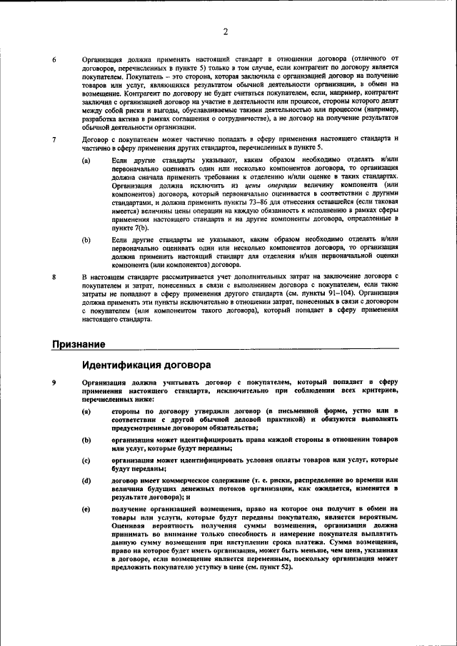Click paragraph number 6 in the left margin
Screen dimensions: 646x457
pos(54,59)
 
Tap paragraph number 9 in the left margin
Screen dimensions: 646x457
pos(54,383)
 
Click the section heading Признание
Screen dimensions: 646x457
pos(79,344)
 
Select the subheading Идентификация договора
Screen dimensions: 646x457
pos(146,365)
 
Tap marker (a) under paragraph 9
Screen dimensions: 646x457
pos(86,412)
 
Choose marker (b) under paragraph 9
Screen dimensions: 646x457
pos(86,440)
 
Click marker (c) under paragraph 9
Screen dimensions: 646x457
pos(86,460)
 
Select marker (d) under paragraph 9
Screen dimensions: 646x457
pos(86,480)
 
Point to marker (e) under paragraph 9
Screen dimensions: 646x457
pos(86,509)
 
